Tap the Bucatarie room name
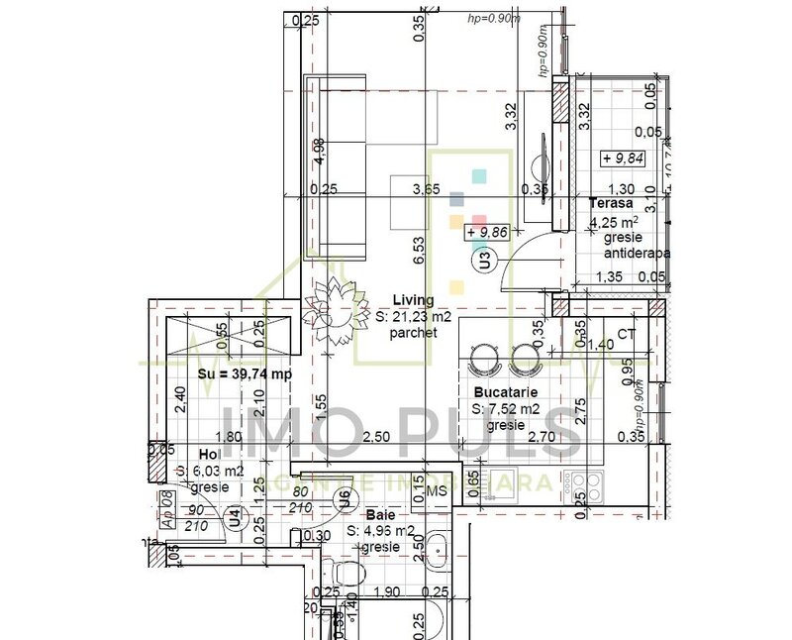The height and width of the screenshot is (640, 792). (x=504, y=392)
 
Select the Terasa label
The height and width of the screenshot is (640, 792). (x=611, y=204)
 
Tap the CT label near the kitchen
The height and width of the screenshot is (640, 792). (x=626, y=335)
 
